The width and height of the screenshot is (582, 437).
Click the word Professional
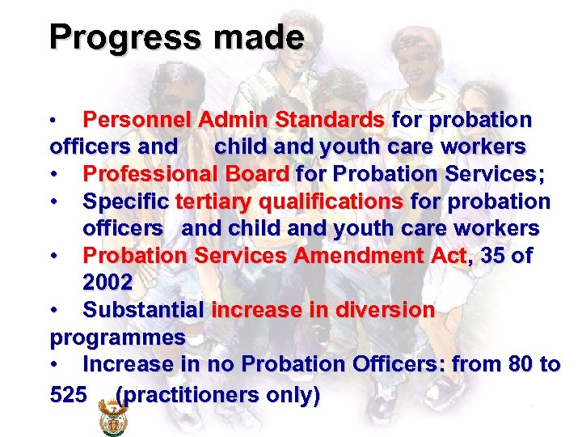(145, 174)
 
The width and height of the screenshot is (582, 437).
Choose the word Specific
(126, 201)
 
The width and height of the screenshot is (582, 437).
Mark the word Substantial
(143, 310)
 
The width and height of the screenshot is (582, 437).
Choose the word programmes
(117, 337)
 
